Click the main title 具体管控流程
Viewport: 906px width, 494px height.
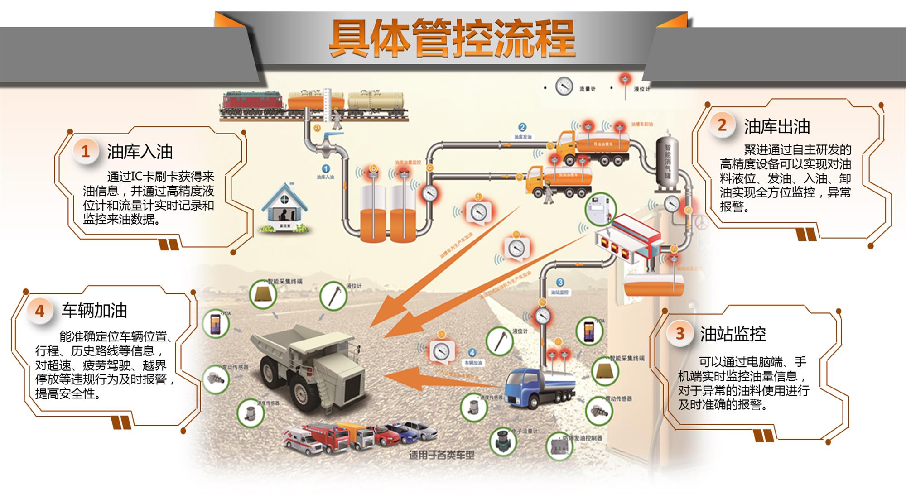point(452,38)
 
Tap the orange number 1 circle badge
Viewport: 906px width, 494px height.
point(85,151)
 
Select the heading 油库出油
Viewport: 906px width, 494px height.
point(777,127)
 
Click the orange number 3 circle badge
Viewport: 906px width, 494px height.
point(679,334)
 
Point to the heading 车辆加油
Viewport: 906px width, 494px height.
point(94,311)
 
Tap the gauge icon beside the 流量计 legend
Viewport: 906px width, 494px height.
point(564,86)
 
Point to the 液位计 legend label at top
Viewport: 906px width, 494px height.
point(641,89)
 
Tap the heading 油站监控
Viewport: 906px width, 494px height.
point(733,334)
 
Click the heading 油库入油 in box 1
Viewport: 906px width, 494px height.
point(140,152)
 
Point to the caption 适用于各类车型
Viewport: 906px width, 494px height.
point(442,455)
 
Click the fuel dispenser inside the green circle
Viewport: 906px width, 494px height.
point(600,210)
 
